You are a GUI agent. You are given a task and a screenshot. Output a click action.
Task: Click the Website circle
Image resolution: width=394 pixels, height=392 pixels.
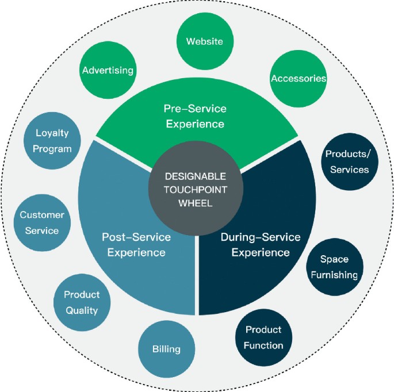click(204, 41)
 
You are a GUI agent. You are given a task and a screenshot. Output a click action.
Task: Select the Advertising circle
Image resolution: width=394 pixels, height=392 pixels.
click(108, 71)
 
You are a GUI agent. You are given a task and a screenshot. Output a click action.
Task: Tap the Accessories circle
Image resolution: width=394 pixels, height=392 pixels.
click(299, 78)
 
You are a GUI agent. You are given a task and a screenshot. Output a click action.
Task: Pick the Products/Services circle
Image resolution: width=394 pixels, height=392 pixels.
click(347, 162)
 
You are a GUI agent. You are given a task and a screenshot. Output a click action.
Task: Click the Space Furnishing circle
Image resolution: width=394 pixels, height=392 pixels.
click(334, 267)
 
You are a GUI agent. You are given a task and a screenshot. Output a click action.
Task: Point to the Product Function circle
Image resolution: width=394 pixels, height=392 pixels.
click(264, 337)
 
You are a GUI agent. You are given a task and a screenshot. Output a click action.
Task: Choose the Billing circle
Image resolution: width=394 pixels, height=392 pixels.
click(167, 349)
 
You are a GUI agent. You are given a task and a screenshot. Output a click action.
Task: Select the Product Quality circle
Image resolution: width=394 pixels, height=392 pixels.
click(81, 302)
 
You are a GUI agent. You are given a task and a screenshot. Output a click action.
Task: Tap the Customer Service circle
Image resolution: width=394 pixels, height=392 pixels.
click(39, 222)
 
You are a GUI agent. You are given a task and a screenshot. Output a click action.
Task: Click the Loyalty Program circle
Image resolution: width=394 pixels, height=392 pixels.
click(52, 141)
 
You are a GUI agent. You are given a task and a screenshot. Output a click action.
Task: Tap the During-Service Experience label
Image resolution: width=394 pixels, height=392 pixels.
click(261, 244)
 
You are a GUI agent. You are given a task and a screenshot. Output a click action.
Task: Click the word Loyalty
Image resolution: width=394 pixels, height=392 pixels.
click(52, 133)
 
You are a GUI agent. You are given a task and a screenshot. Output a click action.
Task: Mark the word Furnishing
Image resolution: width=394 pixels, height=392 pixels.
click(334, 275)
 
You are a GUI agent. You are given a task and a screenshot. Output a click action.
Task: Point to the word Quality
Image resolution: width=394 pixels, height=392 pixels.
click(81, 310)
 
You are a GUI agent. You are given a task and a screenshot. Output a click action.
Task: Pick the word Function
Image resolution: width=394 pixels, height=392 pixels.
click(263, 345)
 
